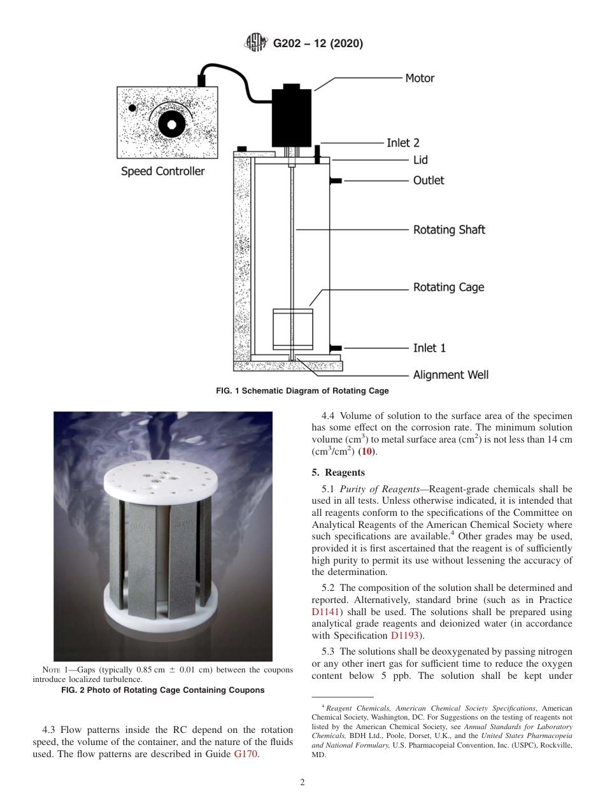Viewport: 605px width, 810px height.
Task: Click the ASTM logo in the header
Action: pos(256,43)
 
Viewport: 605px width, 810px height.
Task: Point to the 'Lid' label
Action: pos(420,160)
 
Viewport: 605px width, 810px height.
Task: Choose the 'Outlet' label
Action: pos(429,181)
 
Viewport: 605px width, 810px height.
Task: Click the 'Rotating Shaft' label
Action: pos(449,230)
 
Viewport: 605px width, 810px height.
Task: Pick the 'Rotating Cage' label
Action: pos(448,287)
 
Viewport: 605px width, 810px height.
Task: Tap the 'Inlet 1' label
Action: pos(429,348)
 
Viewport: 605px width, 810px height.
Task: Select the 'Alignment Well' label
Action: pos(451,375)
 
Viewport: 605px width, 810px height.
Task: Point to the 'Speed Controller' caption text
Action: pos(163,171)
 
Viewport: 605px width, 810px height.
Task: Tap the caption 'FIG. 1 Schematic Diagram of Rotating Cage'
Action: pos(302,391)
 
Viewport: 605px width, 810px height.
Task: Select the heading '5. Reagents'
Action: pos(338,472)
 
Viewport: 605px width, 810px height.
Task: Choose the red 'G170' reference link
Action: pos(246,754)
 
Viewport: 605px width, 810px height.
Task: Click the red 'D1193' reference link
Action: pos(404,636)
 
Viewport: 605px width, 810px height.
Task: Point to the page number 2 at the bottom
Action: pos(302,783)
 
